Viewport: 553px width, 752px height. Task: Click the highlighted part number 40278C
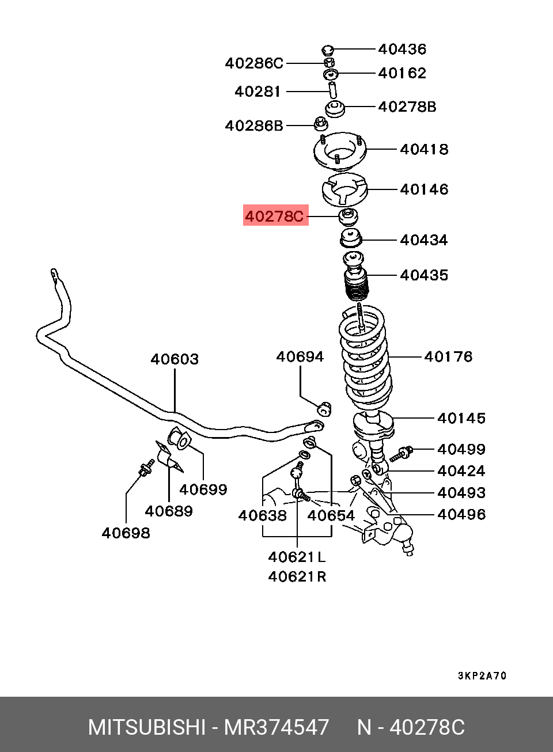coord(274,217)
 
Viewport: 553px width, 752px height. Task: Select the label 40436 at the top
coord(402,49)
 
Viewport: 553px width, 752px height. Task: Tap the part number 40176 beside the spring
coord(448,356)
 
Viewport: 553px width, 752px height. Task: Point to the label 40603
coord(175,359)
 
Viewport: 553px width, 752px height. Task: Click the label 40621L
coord(297,557)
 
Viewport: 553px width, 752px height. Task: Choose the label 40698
coord(126,533)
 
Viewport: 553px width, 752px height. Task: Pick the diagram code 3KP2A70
coord(482,675)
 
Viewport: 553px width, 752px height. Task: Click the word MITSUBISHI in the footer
coord(146,727)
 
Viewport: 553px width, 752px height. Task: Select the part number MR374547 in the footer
coord(276,727)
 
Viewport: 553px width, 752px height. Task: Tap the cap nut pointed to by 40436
coord(328,49)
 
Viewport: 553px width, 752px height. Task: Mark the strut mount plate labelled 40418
coord(339,154)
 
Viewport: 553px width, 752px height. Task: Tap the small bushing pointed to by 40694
coord(325,408)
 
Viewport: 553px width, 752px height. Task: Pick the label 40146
coord(424,189)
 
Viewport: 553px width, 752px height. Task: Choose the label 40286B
coord(254,125)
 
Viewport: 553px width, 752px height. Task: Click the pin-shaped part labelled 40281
coord(332,91)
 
